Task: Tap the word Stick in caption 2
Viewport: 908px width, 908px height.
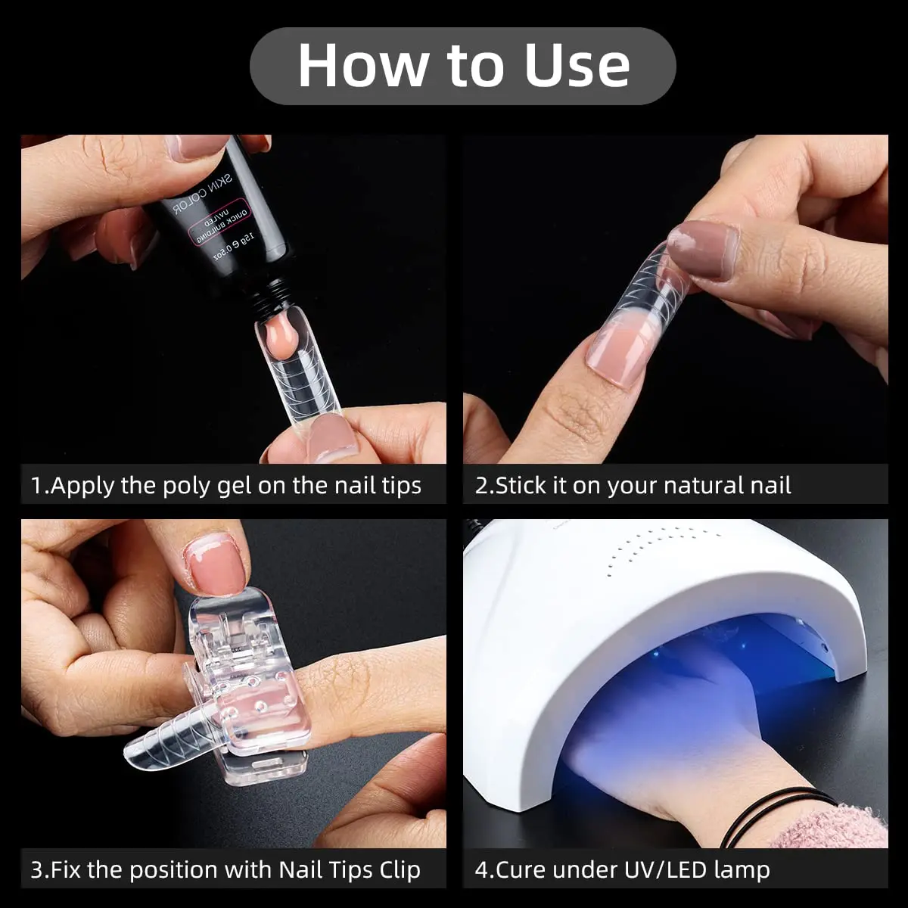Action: point(523,485)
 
